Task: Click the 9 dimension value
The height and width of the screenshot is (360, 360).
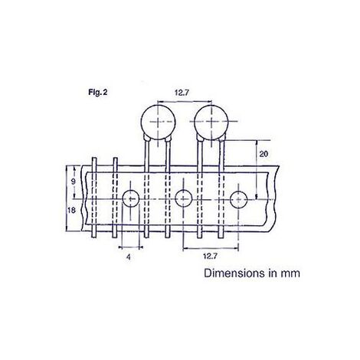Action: [72, 182]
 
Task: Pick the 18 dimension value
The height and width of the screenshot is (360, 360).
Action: [72, 210]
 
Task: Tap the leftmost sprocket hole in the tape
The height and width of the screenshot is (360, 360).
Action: [129, 199]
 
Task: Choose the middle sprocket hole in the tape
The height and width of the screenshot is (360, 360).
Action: [183, 199]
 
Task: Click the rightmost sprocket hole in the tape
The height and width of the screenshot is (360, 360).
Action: [237, 199]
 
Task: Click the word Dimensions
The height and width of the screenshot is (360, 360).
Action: [234, 272]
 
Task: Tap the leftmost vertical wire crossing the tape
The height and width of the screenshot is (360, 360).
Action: [93, 195]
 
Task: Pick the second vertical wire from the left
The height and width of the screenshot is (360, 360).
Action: [115, 195]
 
